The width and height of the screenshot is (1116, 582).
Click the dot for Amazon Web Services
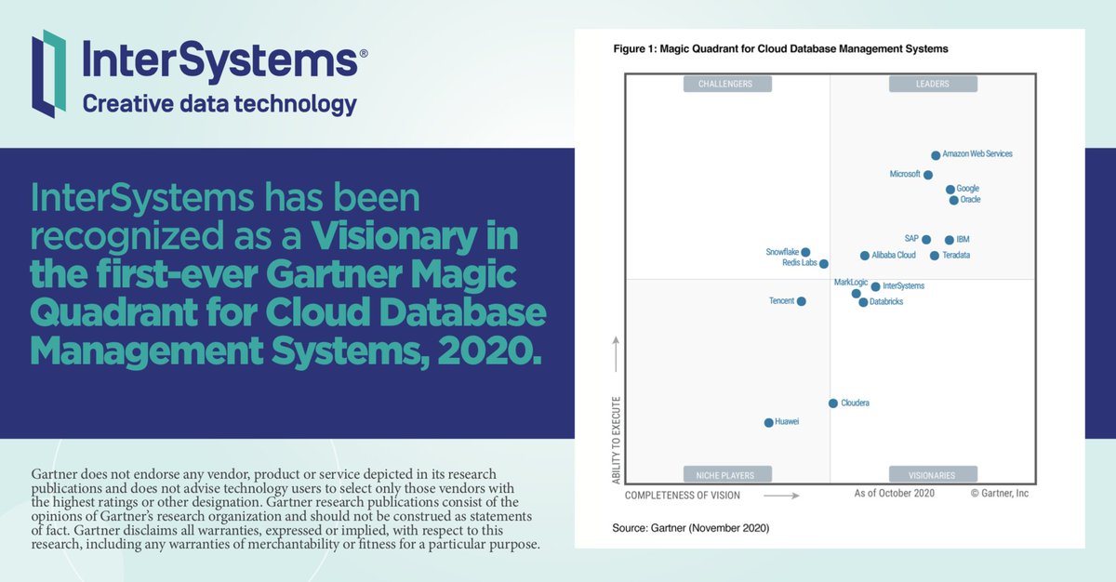point(936,155)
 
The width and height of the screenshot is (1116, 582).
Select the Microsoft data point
point(928,175)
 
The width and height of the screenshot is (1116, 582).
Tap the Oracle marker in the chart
point(953,200)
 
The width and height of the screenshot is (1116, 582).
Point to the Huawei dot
point(768,422)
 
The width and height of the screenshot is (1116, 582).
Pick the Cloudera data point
point(833,403)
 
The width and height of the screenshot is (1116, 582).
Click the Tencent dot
point(802,301)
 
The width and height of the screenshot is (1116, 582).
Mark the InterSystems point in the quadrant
point(875,286)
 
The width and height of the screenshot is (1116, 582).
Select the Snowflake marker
point(805,252)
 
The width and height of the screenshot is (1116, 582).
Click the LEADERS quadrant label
point(933,84)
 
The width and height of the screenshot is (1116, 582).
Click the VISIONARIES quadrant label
point(933,473)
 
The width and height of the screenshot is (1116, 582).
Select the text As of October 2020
point(894,494)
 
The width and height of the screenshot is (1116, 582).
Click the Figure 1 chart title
point(779,48)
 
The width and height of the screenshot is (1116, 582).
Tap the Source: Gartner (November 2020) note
point(690,528)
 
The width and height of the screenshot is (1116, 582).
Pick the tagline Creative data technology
point(219,103)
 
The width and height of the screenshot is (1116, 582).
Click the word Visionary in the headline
point(415,238)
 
